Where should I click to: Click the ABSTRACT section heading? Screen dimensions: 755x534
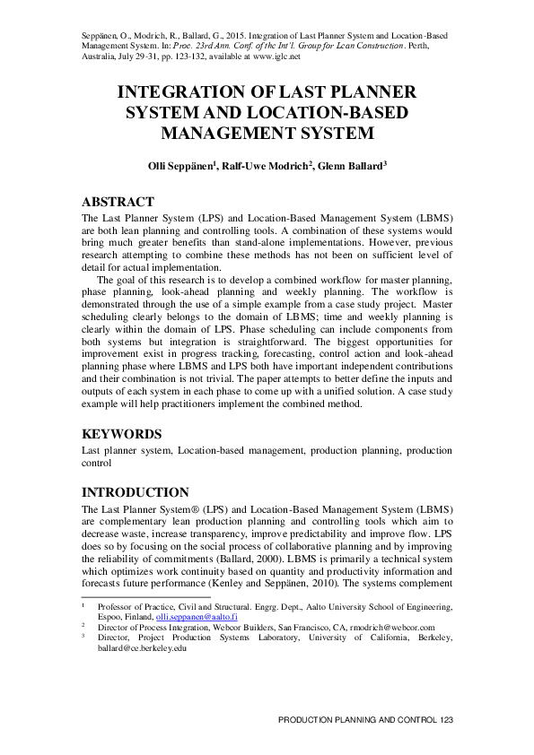point(118,202)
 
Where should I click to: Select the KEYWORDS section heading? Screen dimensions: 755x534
point(121,434)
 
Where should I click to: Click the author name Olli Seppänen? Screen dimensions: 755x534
point(177,167)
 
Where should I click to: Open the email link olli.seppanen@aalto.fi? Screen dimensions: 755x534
point(193,618)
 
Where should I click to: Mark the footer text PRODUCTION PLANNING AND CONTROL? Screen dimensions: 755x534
point(357,721)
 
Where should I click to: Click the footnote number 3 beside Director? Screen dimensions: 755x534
point(83,638)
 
